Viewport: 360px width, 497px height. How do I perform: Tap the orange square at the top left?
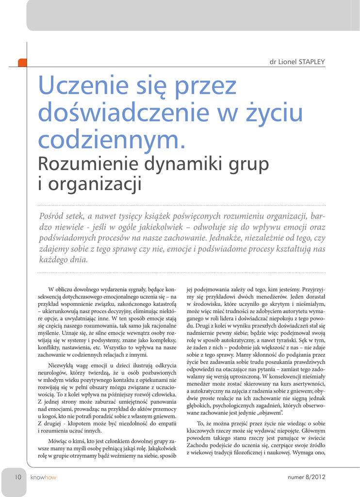(22, 62)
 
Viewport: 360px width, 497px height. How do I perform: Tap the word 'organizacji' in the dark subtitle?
(95, 184)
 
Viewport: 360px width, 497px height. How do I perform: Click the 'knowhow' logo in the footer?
(43, 477)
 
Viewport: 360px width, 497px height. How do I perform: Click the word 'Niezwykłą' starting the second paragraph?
(62, 365)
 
